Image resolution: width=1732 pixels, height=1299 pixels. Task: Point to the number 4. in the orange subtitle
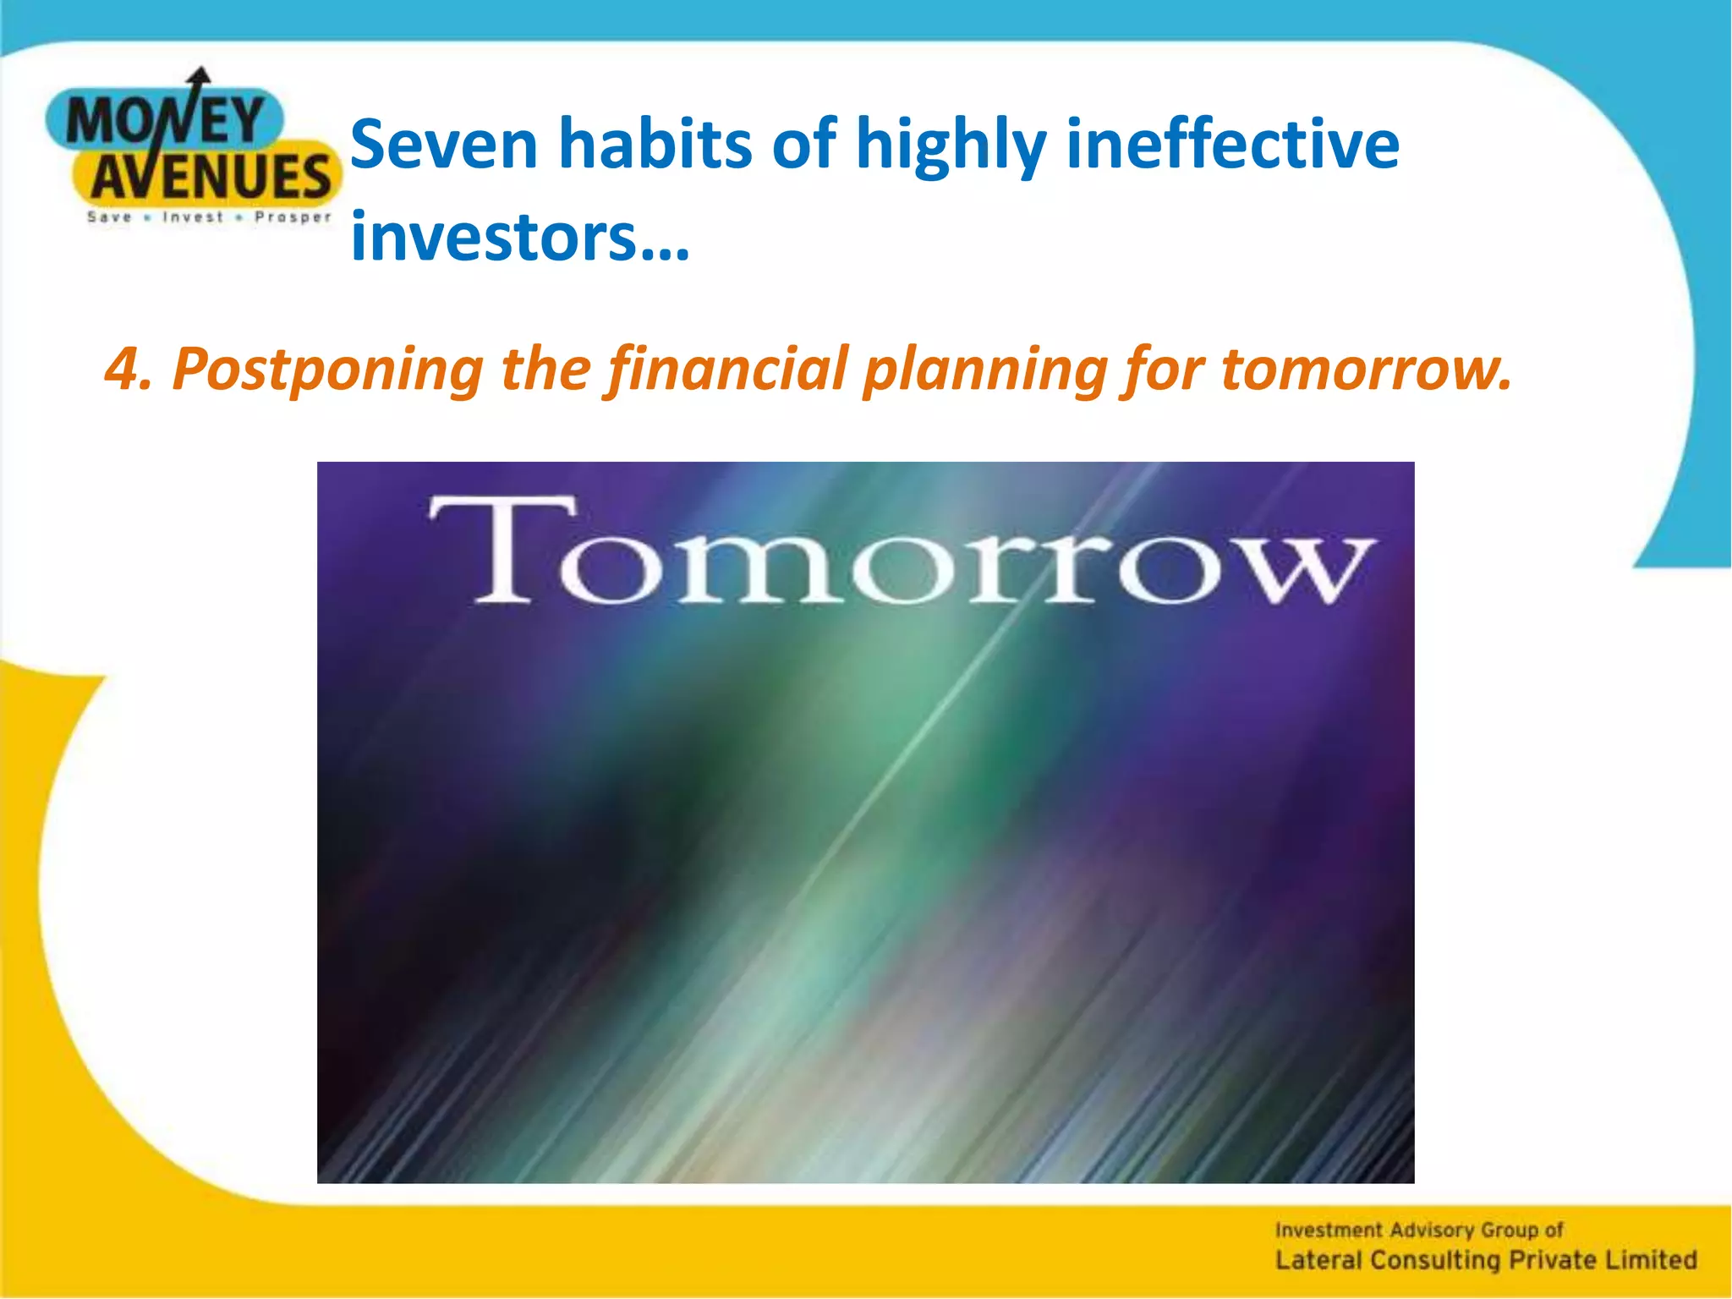click(x=129, y=370)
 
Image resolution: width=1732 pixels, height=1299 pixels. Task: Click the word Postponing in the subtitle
click(x=328, y=370)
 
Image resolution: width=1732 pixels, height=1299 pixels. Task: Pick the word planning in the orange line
click(x=985, y=370)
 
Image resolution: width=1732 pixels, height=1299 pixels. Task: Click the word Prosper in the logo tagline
click(x=293, y=217)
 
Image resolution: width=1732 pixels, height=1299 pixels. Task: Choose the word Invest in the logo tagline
click(x=193, y=217)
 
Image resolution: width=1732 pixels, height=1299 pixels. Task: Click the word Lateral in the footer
click(x=1318, y=1260)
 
